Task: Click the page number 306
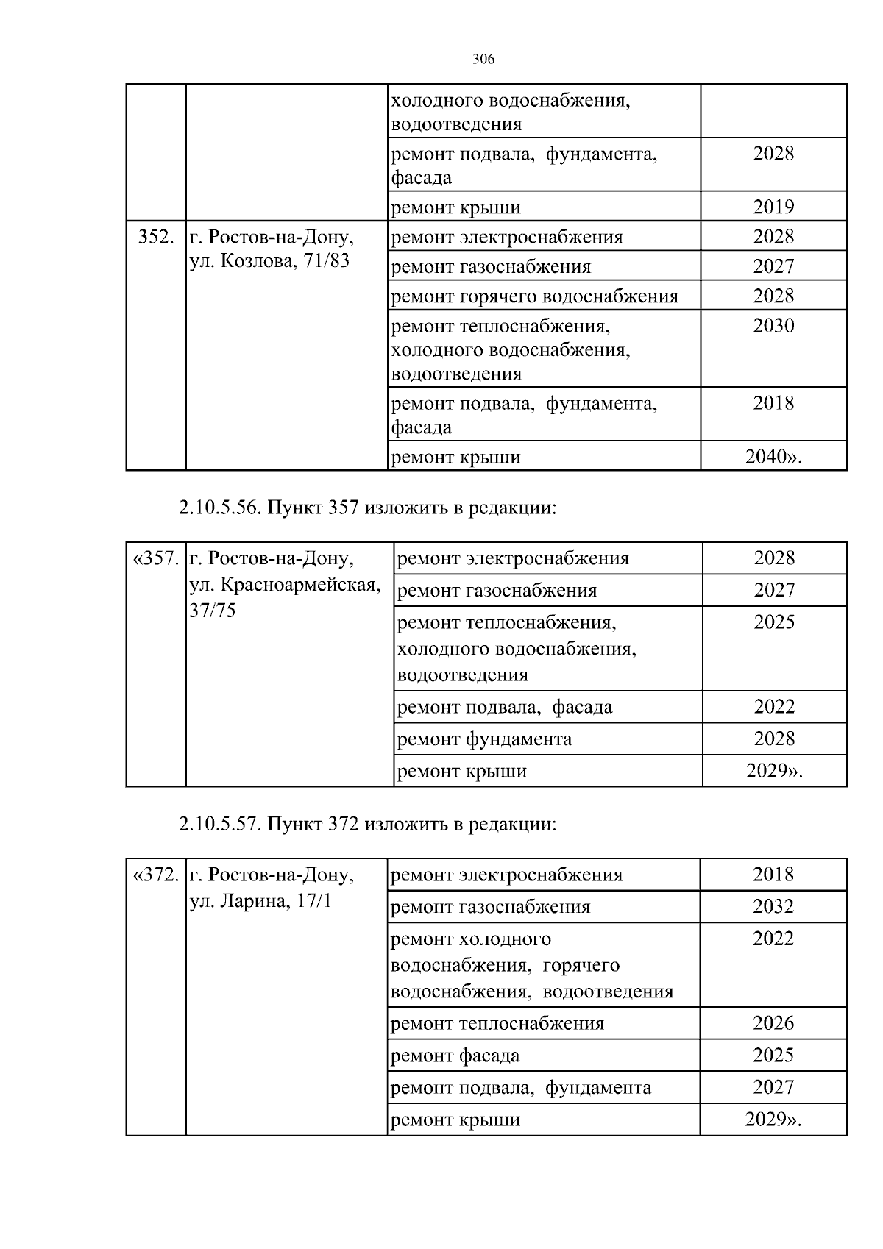tap(483, 60)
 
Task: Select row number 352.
tap(156, 238)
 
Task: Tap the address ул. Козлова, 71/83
tap(269, 261)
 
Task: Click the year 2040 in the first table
tap(773, 457)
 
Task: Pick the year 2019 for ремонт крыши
tap(773, 207)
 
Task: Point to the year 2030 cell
tap(773, 326)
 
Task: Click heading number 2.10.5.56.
tap(218, 508)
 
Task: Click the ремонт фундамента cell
tap(484, 739)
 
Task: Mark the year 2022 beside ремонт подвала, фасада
tap(774, 707)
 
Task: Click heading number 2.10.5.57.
tap(218, 824)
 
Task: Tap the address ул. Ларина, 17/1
tap(260, 901)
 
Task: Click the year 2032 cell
tap(773, 907)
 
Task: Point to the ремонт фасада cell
tap(455, 1056)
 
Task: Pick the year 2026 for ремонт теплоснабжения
tap(773, 1023)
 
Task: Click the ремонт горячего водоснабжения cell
tap(534, 296)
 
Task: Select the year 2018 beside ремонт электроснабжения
tap(773, 875)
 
